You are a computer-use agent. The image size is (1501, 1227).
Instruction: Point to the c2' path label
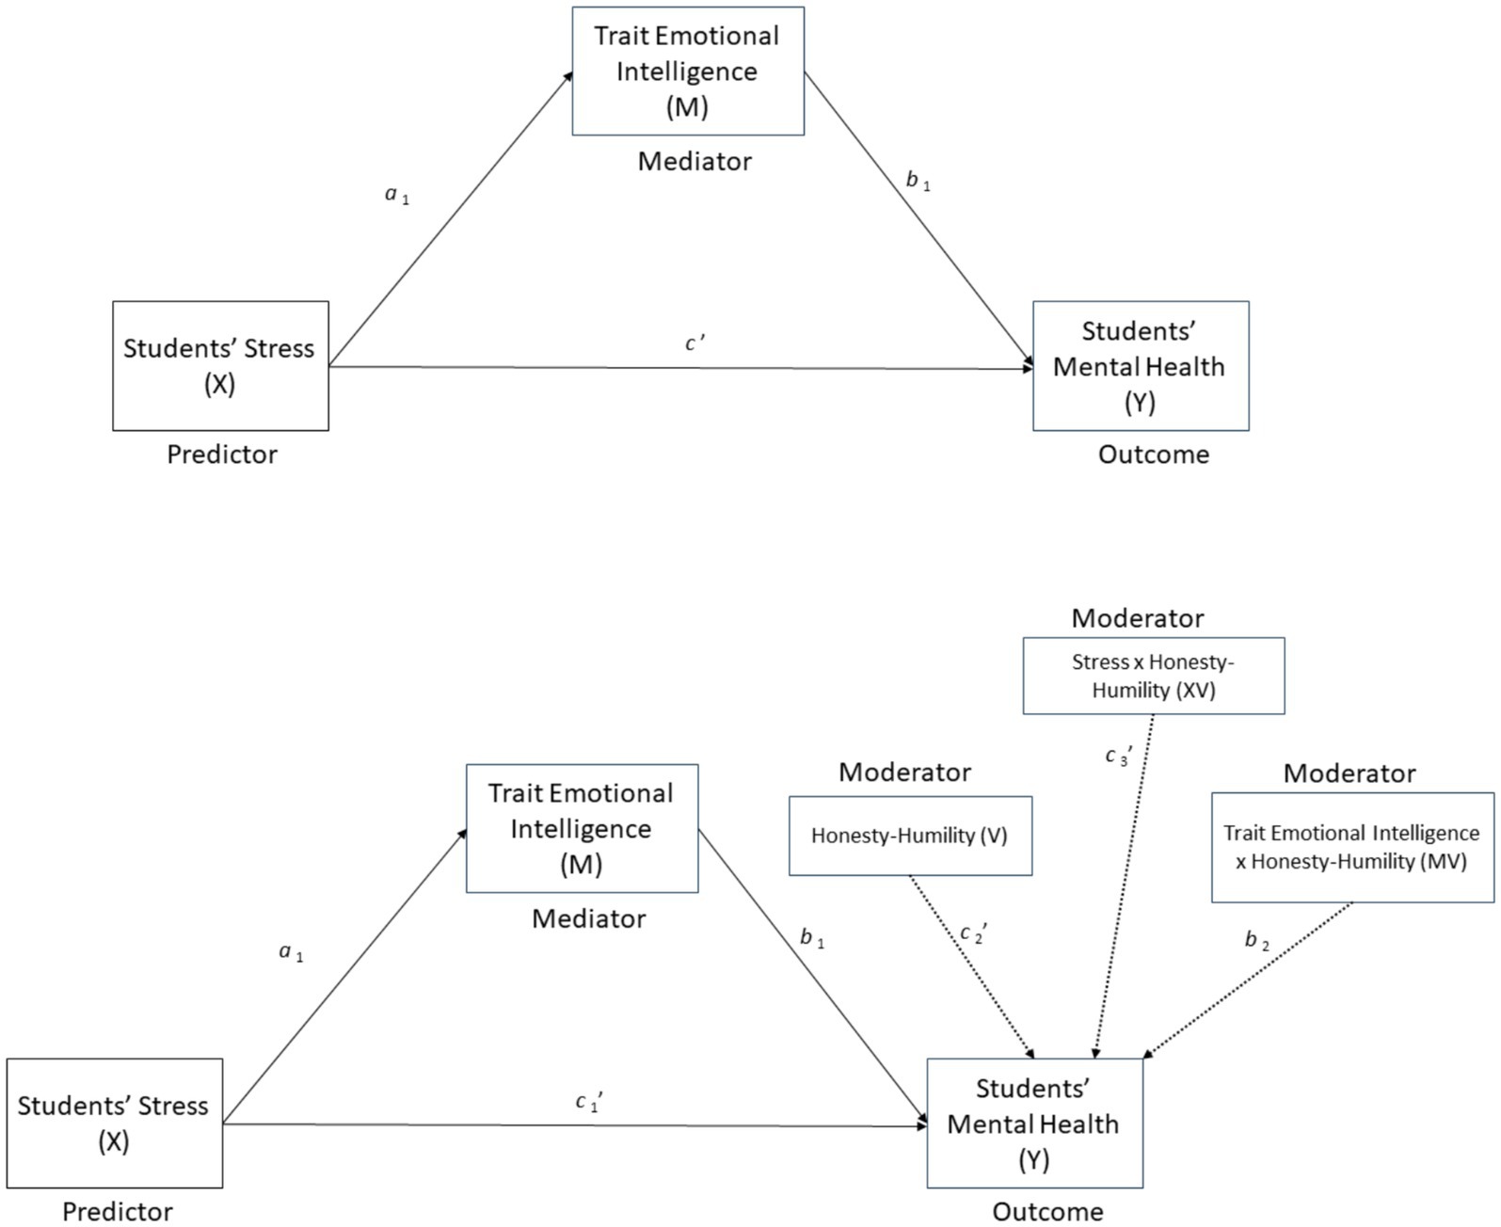tap(974, 933)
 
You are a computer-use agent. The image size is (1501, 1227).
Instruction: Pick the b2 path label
tap(1257, 940)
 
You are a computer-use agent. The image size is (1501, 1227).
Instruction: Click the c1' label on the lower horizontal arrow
tap(589, 1102)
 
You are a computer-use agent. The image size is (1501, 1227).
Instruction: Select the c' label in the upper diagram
tap(695, 343)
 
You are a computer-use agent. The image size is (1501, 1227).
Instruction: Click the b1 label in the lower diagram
tap(812, 937)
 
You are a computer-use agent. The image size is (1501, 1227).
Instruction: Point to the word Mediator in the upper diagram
tap(695, 162)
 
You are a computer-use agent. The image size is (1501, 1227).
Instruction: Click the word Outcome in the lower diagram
tap(1048, 1211)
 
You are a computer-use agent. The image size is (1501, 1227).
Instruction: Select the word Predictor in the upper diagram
tap(222, 454)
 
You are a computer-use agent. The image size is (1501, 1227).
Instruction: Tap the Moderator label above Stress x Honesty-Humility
tap(1138, 618)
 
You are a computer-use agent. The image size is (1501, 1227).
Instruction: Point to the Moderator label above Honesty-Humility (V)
tap(904, 773)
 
